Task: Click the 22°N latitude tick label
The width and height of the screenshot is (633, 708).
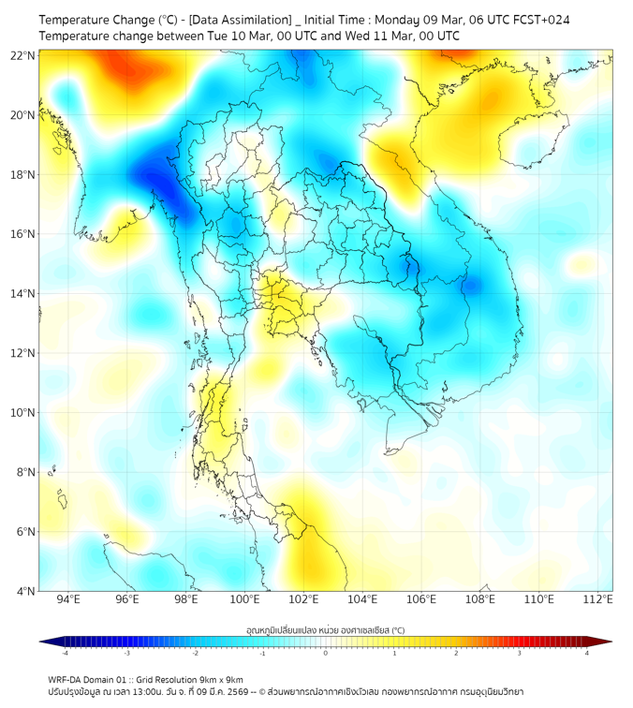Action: pyautogui.click(x=24, y=55)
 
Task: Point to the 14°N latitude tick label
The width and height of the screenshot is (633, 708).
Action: pyautogui.click(x=24, y=294)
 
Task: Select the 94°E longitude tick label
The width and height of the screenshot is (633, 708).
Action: pyautogui.click(x=68, y=599)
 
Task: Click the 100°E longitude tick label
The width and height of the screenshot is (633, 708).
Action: pyautogui.click(x=244, y=599)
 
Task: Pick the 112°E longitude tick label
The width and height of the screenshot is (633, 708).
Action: pyautogui.click(x=597, y=599)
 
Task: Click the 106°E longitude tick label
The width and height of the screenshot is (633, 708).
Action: pyautogui.click(x=421, y=599)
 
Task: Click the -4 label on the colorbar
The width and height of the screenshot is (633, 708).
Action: pyautogui.click(x=64, y=653)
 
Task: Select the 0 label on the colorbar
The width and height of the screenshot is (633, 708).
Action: pyautogui.click(x=326, y=653)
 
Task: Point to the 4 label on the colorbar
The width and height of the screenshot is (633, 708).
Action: pyautogui.click(x=587, y=653)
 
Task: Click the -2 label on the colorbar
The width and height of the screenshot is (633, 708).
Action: pyautogui.click(x=194, y=653)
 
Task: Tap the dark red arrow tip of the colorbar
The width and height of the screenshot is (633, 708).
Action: pyautogui.click(x=607, y=642)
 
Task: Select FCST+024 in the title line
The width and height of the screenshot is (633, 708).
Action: pyautogui.click(x=540, y=20)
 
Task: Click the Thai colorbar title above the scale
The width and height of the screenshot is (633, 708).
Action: pyautogui.click(x=325, y=630)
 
